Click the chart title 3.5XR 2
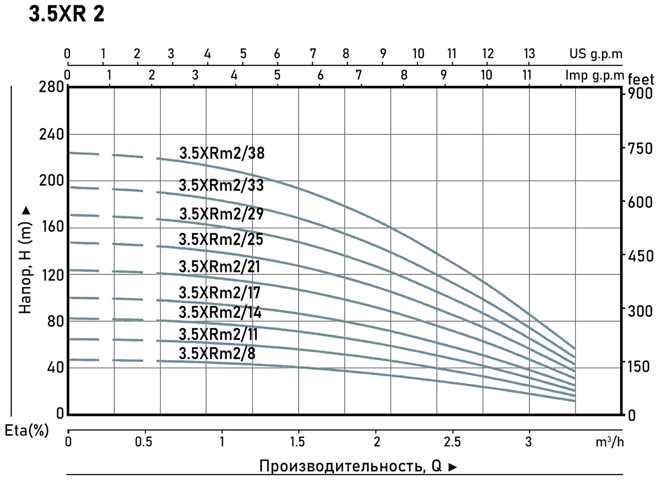coord(67,14)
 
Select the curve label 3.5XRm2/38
coord(222,153)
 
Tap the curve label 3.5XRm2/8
coord(217,353)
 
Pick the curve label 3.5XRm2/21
coord(219,267)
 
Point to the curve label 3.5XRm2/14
coord(220,312)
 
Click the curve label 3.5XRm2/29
coord(221,214)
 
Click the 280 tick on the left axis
coord(52,87)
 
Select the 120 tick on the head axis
coord(52,275)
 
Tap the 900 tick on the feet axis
coord(640,94)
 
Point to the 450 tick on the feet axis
coord(640,256)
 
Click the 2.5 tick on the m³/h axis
coord(452,441)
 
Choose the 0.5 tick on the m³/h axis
coord(144,441)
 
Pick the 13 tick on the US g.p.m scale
coord(529,54)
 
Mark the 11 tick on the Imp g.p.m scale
coord(527,75)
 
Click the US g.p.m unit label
coord(596,54)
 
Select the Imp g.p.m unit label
coord(595,75)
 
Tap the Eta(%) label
coord(26,430)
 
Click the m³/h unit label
coord(609,442)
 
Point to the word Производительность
coord(339,466)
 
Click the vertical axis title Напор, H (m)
coord(26,260)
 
